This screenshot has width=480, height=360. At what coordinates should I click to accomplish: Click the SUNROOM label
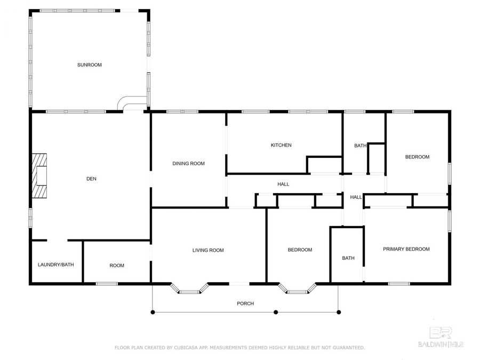pos(89,65)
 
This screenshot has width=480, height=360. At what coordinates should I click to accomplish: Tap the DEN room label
pos(91,179)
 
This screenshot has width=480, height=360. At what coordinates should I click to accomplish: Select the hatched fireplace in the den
pos(39,176)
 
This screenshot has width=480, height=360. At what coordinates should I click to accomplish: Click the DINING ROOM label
pos(188,164)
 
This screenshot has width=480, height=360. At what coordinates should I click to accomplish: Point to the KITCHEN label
pos(281,145)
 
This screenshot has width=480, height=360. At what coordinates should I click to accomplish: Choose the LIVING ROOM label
pos(208,250)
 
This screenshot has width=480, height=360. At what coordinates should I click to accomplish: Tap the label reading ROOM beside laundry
pos(117,265)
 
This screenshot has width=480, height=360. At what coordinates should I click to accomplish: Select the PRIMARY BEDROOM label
pos(406,249)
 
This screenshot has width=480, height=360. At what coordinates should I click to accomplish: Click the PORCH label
pos(245,303)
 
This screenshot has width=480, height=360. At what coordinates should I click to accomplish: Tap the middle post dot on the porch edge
pos(276,312)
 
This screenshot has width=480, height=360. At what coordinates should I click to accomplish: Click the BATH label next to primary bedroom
pos(348,258)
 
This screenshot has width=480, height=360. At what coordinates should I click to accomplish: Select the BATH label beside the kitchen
pos(361,146)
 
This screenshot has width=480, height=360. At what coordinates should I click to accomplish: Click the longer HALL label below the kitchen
pos(283,184)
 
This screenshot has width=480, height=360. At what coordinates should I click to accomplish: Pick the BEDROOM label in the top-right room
pos(417,157)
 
